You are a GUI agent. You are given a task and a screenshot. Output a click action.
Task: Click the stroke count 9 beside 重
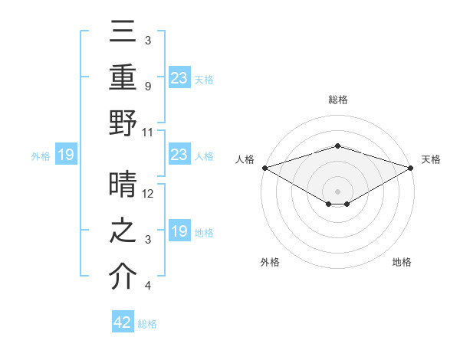[147, 86]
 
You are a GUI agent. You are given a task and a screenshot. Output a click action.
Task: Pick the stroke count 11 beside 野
[148, 132]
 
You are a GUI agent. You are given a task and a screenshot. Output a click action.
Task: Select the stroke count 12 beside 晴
[149, 194]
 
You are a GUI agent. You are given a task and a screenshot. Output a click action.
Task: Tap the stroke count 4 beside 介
[147, 286]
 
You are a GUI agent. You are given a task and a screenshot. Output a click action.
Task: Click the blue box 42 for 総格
[123, 322]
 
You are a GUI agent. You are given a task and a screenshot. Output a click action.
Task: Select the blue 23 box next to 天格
[179, 77]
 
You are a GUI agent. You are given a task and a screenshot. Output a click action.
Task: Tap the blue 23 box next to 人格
[179, 155]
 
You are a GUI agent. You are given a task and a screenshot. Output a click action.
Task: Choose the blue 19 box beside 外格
[65, 155]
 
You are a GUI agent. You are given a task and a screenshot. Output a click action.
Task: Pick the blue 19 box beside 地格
[179, 231]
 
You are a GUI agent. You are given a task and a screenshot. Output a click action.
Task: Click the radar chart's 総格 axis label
[338, 100]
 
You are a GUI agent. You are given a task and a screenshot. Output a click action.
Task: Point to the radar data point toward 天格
[412, 168]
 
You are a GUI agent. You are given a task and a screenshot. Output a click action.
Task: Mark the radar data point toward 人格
[264, 168]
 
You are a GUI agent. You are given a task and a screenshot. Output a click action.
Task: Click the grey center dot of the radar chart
[338, 191]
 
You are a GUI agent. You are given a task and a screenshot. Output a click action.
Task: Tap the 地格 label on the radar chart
[402, 262]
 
